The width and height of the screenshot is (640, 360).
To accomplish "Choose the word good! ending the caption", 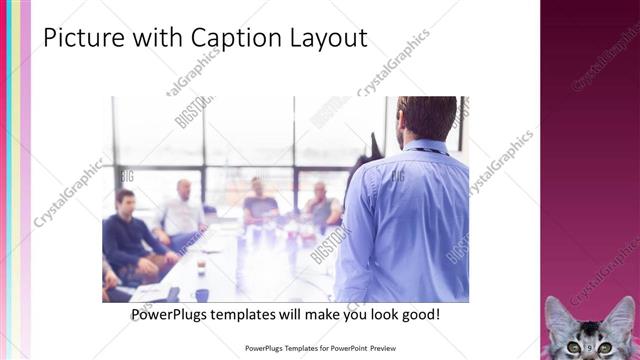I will coord(417,315).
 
